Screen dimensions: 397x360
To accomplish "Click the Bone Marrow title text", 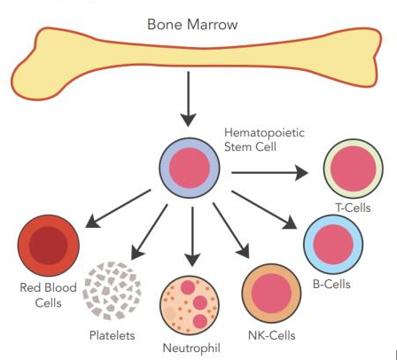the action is (192, 24).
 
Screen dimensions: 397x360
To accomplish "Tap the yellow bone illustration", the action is (195, 56).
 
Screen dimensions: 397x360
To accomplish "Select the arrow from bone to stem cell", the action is (188, 99).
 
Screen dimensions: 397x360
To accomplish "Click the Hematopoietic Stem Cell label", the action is (264, 139).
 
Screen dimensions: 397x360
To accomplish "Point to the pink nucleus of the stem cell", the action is (190, 168).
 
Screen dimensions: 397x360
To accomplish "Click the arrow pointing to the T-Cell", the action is (269, 173).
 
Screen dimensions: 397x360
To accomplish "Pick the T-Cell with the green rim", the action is (354, 168).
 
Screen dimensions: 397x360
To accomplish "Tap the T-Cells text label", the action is (353, 207).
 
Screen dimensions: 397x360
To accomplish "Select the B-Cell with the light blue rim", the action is (333, 245).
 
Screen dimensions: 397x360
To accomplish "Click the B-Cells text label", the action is (331, 284).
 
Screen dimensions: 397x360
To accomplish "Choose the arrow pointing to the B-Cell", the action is (264, 210).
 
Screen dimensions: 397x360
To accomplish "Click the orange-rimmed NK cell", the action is (271, 293).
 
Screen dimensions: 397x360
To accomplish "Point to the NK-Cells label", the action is (272, 335).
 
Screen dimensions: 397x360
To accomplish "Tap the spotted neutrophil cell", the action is (190, 305).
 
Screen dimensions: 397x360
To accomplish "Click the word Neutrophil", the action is (191, 348).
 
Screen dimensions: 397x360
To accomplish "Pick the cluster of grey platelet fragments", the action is (113, 291).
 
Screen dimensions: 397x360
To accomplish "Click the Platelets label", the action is (113, 335).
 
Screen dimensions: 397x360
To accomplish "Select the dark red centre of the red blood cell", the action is (49, 246).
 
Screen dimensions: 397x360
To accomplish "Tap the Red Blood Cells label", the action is (48, 295).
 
